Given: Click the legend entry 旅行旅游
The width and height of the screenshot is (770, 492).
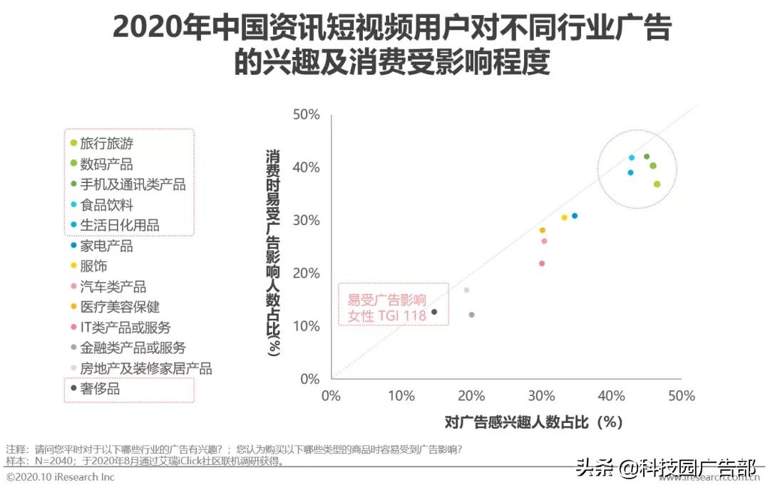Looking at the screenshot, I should click(x=107, y=143).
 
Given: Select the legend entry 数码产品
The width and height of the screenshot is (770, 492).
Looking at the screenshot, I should click(x=107, y=164).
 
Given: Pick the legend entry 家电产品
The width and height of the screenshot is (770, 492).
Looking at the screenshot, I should click(x=107, y=246).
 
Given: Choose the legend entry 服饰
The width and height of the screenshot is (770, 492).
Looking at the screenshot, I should click(x=93, y=266).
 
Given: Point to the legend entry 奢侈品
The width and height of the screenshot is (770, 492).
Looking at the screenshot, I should click(x=100, y=389).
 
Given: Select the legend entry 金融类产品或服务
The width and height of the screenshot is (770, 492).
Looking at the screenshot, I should click(x=133, y=347).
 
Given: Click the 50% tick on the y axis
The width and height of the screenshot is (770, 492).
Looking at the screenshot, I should click(x=305, y=115).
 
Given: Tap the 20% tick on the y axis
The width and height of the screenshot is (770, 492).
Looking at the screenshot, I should click(x=305, y=273).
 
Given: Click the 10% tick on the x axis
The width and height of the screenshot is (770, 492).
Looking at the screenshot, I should click(x=401, y=396).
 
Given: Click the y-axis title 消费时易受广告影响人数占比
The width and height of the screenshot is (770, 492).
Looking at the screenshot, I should click(x=273, y=253).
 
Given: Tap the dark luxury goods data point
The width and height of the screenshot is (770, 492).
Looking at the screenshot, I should click(x=434, y=312).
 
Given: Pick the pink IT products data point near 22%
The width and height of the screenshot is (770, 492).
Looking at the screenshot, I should click(x=541, y=263).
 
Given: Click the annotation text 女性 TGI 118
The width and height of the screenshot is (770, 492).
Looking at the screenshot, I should click(x=386, y=315).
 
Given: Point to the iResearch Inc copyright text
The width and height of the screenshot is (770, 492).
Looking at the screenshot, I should click(x=61, y=477).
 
